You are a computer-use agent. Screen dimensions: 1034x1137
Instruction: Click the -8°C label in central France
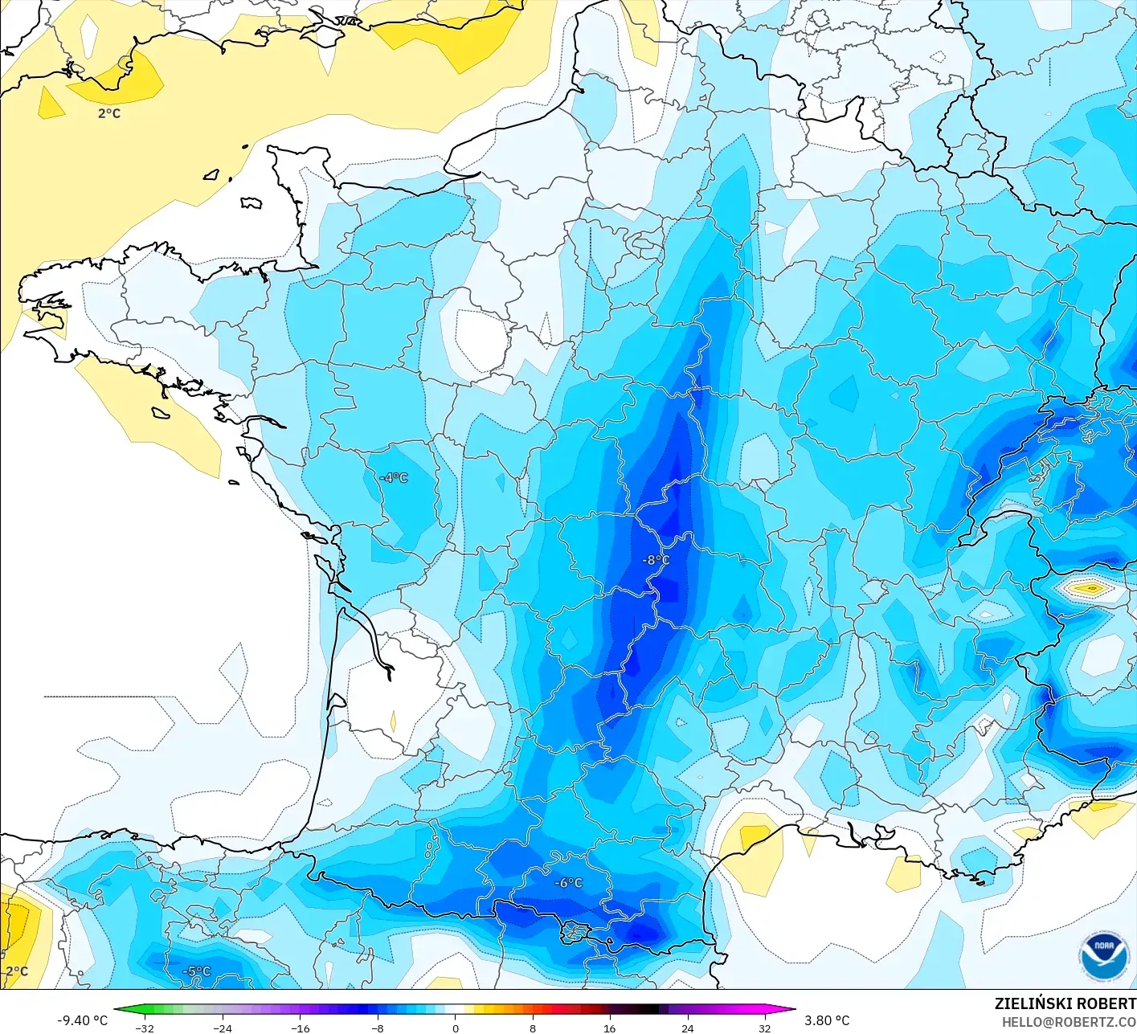656,560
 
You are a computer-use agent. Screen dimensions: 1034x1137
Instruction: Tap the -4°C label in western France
395,478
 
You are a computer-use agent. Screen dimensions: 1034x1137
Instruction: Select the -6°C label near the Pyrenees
568,883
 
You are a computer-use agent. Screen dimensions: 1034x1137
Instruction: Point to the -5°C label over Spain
196,971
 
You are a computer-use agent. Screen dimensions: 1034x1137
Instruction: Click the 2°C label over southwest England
109,113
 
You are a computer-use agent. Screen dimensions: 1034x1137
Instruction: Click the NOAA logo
1104,956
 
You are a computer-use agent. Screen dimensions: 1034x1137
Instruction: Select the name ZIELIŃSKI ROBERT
1065,1003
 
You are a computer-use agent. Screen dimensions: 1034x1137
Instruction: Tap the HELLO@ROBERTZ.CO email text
1068,1022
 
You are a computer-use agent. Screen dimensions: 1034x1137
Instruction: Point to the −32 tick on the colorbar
145,1028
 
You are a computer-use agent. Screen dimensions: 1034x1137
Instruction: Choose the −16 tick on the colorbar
300,1028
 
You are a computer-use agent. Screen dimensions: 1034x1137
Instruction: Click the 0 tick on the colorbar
456,1028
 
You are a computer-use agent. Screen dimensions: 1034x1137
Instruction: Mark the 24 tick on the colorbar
687,1028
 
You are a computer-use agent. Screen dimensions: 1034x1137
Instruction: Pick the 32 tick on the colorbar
764,1028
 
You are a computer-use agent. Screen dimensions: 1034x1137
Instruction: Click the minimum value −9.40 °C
82,1020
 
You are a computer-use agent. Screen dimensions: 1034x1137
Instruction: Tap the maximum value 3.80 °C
827,1020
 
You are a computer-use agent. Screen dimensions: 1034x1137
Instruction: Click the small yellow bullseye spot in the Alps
1090,589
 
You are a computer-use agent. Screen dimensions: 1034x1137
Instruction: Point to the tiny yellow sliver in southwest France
393,720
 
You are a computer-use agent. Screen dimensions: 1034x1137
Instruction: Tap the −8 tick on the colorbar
378,1028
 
